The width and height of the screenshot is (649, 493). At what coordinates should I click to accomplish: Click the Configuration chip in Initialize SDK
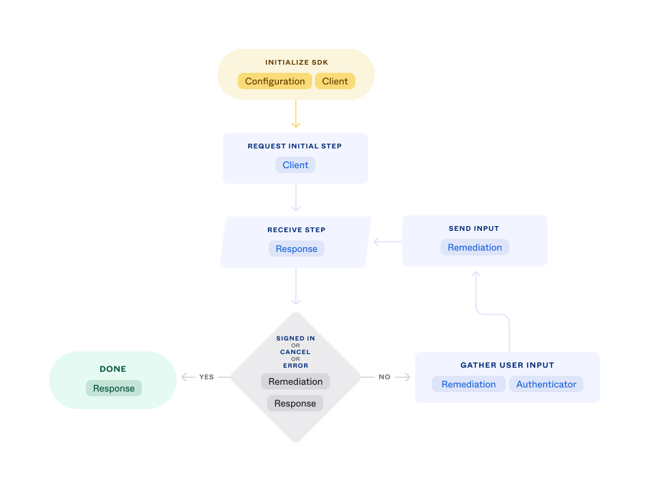[275, 81]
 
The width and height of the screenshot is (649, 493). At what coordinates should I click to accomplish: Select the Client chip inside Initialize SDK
[335, 81]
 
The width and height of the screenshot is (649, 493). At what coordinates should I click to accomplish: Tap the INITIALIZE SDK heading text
[297, 63]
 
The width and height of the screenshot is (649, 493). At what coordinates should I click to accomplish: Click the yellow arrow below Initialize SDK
[296, 115]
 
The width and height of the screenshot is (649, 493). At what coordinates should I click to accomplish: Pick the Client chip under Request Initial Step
[295, 165]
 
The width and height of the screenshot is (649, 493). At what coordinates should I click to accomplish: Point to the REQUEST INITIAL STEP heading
[295, 146]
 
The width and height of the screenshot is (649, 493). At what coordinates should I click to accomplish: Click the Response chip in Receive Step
[296, 249]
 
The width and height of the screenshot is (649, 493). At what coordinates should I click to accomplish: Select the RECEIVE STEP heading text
[296, 230]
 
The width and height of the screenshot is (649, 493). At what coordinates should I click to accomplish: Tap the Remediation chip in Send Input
[474, 247]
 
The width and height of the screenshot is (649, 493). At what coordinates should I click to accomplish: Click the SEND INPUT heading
[474, 229]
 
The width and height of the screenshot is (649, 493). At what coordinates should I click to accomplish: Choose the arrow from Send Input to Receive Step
[387, 241]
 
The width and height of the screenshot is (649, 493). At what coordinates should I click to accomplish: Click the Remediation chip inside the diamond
[295, 381]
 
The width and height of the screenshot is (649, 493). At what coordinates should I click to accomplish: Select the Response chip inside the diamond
[295, 403]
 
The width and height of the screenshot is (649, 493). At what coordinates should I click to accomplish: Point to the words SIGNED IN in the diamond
[295, 338]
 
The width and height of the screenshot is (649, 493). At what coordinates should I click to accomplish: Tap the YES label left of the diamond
[207, 377]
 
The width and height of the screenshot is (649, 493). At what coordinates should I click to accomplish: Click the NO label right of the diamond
[384, 377]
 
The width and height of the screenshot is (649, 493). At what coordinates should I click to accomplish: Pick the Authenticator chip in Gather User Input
[546, 384]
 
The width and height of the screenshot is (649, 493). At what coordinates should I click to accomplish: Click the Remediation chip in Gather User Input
[468, 384]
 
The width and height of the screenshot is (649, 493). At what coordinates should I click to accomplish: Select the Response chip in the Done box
[114, 388]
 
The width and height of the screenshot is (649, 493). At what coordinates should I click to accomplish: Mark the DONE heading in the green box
[113, 369]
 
